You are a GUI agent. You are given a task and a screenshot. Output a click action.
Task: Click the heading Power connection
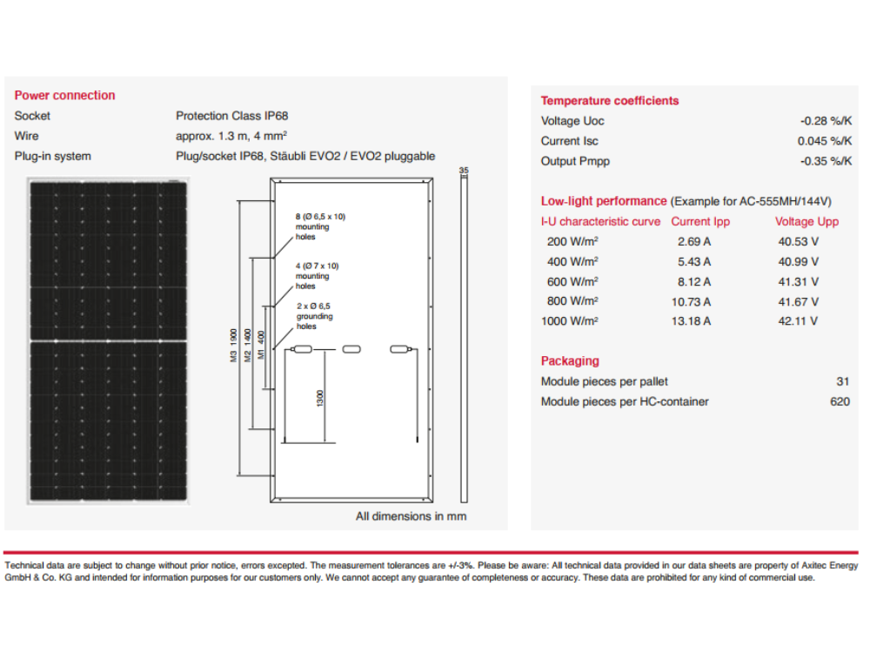coord(64,96)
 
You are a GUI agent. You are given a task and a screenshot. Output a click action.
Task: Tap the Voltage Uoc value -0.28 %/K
coord(826,121)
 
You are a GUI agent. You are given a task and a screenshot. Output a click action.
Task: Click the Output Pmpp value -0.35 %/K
coord(826,161)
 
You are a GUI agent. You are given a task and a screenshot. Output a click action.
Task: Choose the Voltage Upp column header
coord(806,222)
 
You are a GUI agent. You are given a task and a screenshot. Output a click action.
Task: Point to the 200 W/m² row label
coord(572,242)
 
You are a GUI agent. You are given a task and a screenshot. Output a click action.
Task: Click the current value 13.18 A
coord(693,321)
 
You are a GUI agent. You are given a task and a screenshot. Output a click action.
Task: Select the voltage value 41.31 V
coord(798,282)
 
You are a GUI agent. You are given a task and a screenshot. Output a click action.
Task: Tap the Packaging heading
coord(570,361)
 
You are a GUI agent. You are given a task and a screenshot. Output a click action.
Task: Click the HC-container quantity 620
coord(840,401)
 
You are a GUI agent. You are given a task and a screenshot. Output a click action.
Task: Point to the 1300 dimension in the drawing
coord(320,399)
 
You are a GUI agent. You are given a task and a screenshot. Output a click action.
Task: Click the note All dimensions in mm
coord(411,516)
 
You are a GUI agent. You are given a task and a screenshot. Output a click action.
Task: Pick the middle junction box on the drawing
coord(351,350)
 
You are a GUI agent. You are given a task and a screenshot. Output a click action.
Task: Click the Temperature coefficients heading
coord(609,101)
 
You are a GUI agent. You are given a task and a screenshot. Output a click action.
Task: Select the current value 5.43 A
coord(693,262)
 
